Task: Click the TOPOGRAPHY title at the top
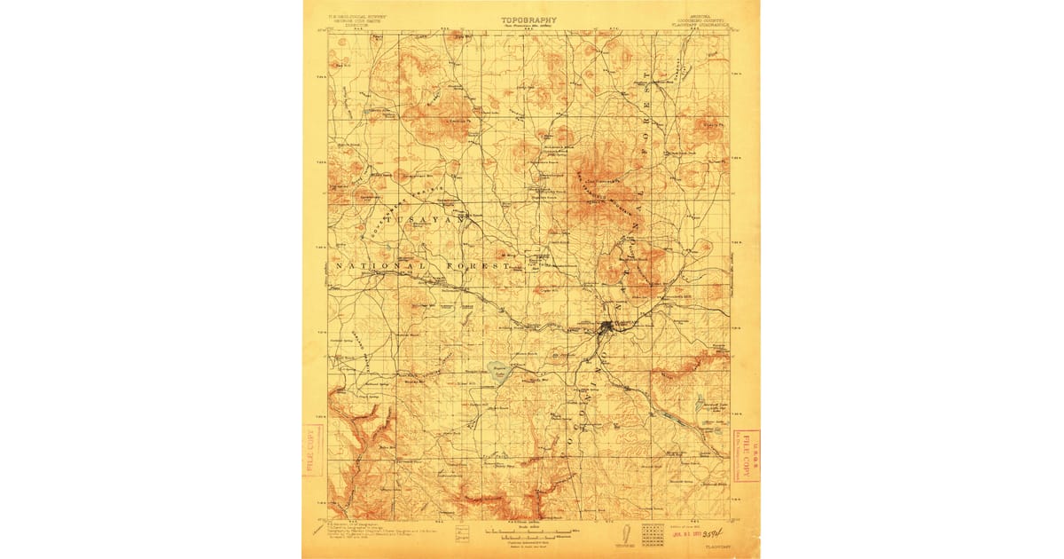[530, 19]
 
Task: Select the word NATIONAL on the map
[377, 266]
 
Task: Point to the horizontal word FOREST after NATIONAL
[485, 266]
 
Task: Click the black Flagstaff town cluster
[606, 329]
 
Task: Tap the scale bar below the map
[529, 533]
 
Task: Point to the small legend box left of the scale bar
[462, 534]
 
